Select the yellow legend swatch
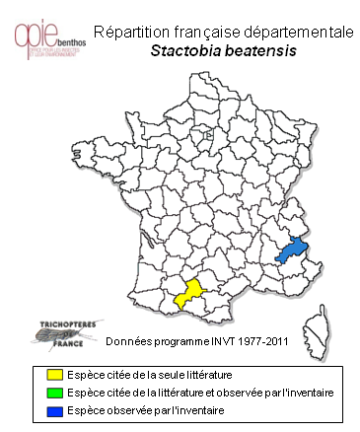[56, 375]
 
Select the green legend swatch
[56, 392]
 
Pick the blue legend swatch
[56, 408]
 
